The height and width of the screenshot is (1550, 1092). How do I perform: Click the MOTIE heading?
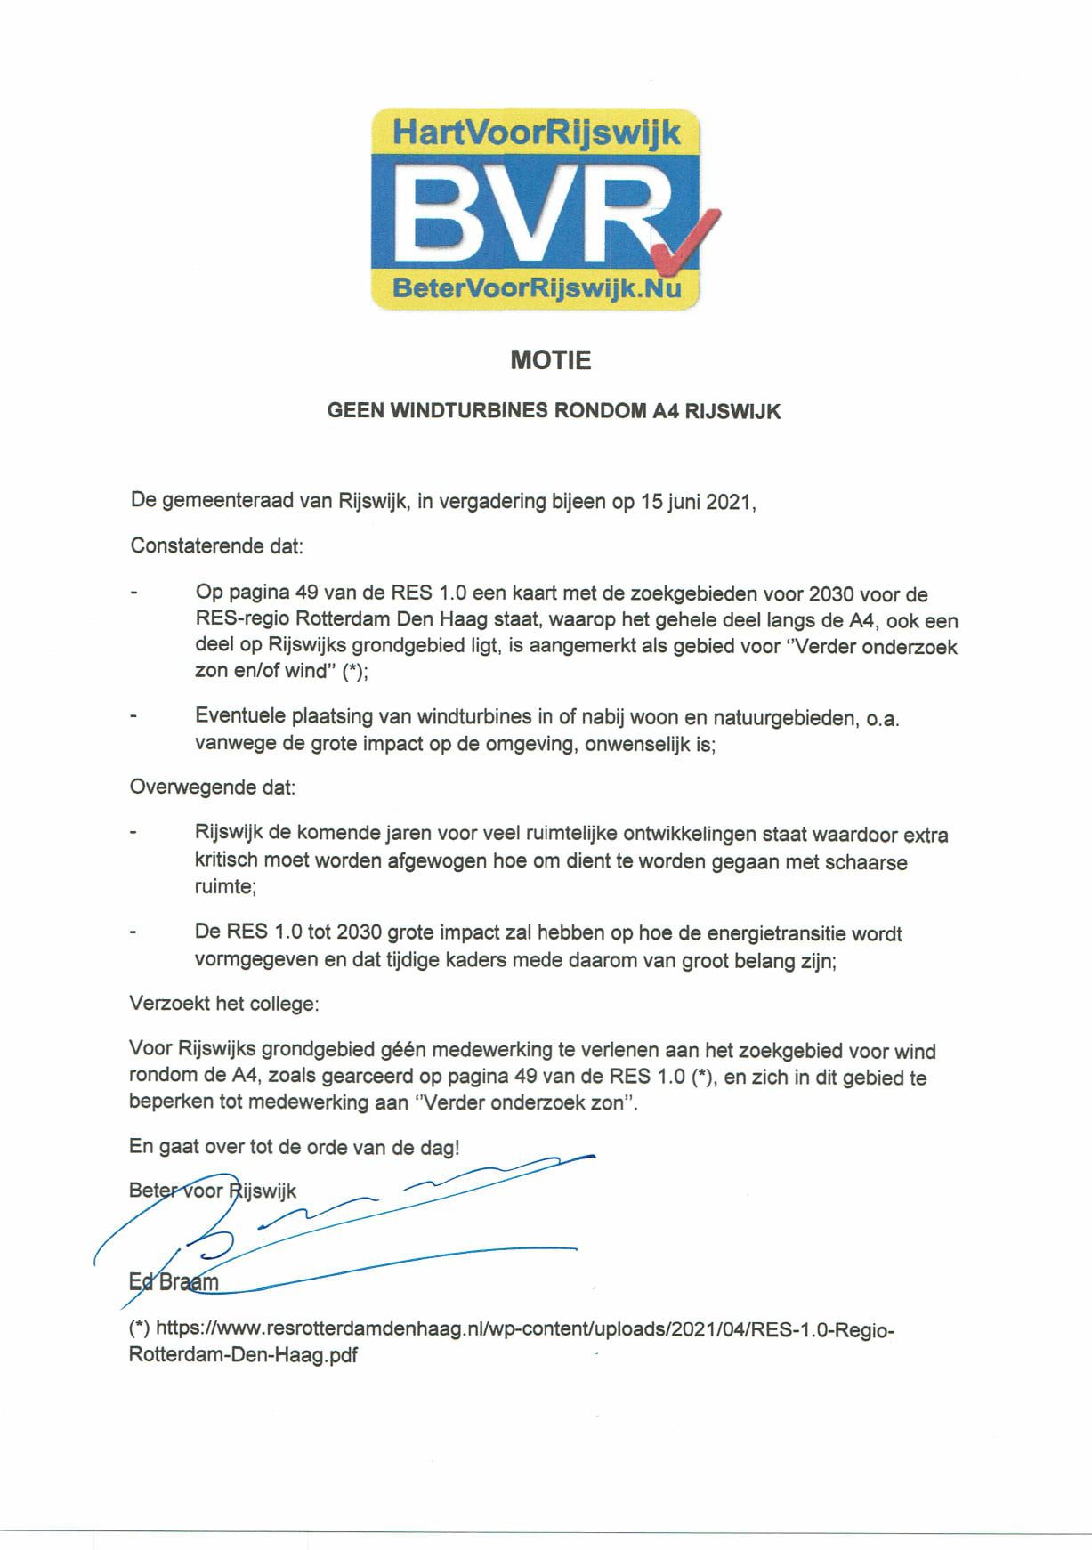pyautogui.click(x=550, y=360)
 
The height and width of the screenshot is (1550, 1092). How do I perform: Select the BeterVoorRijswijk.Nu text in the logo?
pyautogui.click(x=537, y=287)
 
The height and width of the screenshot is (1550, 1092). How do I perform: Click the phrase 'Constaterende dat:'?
pyautogui.click(x=217, y=545)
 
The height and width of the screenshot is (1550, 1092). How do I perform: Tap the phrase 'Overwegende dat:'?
pyautogui.click(x=213, y=787)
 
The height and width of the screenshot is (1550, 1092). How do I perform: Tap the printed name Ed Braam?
pyautogui.click(x=174, y=1282)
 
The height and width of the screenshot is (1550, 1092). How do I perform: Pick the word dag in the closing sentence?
pyautogui.click(x=439, y=1148)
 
